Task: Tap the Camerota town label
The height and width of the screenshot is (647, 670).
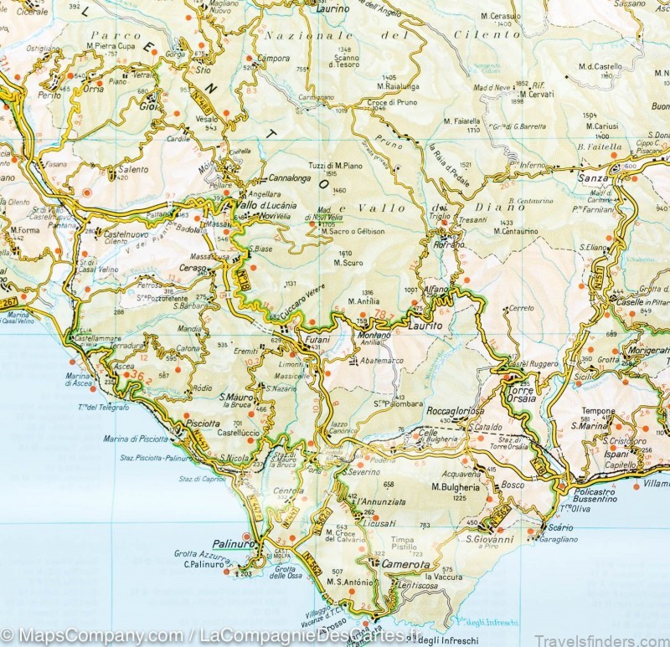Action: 401,565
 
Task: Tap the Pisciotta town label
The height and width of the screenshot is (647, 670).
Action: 203,423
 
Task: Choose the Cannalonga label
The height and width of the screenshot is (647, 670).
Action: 289,178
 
